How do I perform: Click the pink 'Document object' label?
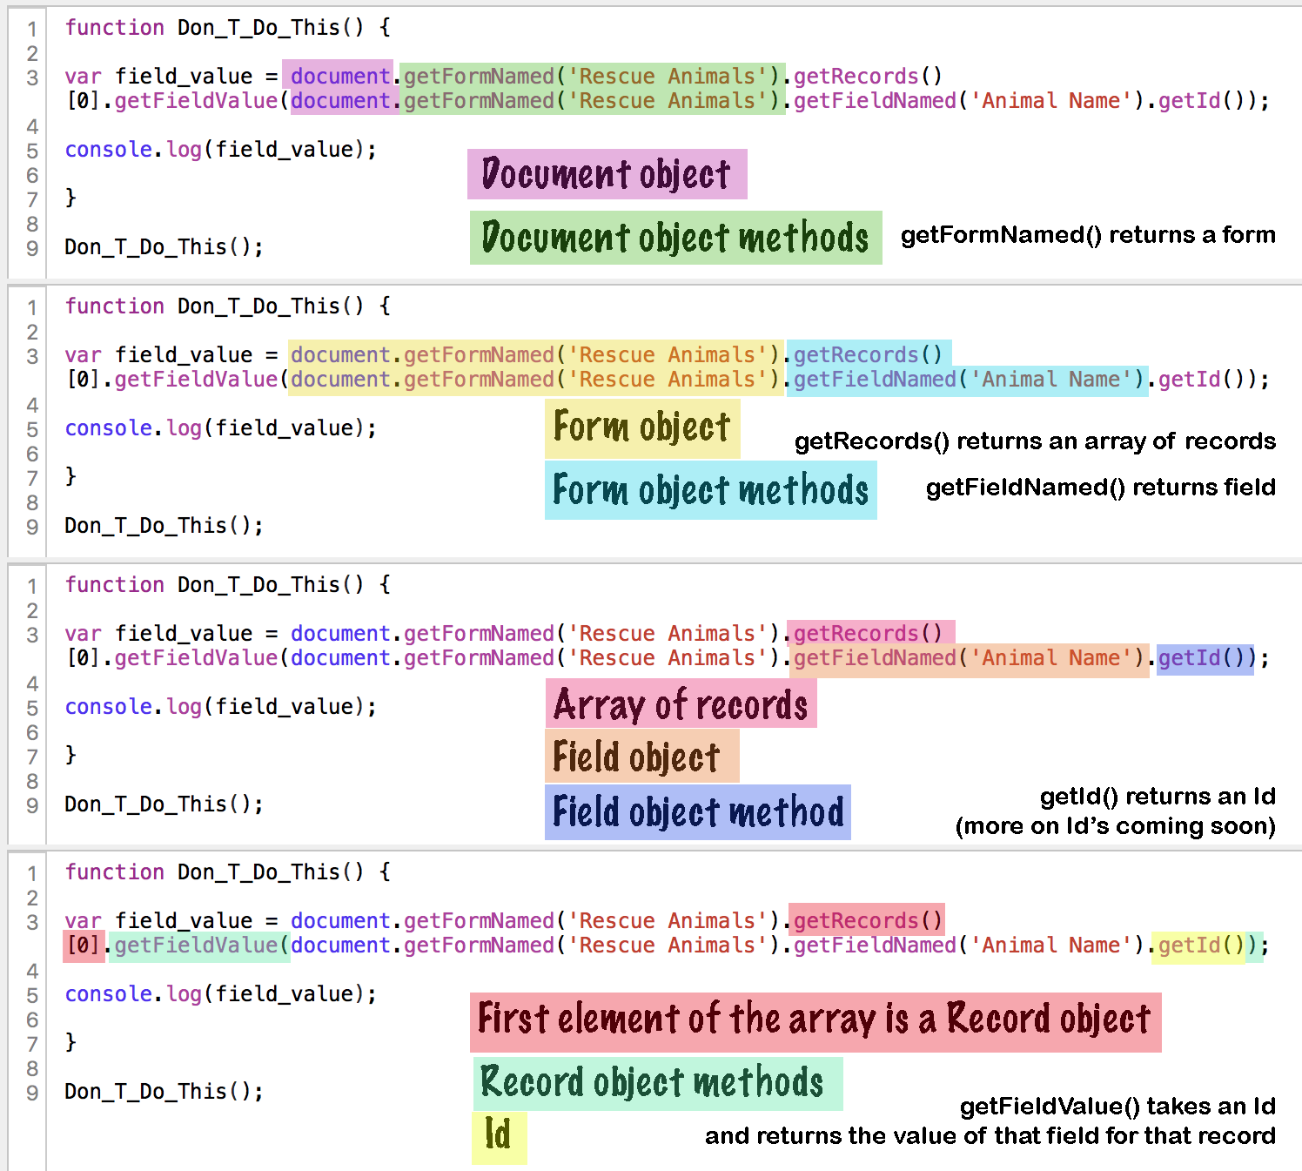tap(607, 174)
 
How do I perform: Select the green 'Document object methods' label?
tap(675, 238)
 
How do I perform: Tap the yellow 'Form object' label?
tap(642, 427)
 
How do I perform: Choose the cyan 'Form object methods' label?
tap(710, 490)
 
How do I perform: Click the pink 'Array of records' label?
tap(681, 704)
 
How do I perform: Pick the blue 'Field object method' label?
tap(698, 812)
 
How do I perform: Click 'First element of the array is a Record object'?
tap(815, 1020)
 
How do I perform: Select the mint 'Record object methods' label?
tap(653, 1083)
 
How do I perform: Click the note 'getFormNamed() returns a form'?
tap(1088, 235)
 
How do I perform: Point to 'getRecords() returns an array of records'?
tap(1035, 441)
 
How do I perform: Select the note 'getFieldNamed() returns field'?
tap(1100, 487)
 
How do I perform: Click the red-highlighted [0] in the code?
tap(84, 946)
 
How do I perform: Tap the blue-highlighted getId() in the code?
tap(1205, 658)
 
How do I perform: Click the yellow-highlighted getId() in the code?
tap(1198, 946)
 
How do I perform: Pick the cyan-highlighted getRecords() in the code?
tap(868, 355)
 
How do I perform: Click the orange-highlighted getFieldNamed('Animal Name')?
tap(969, 659)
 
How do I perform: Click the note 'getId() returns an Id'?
tap(1158, 797)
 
